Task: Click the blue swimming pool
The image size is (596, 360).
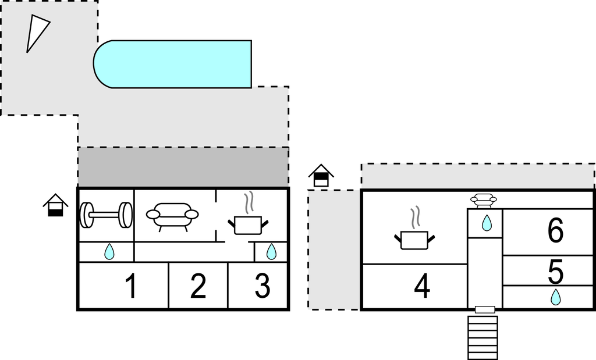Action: coord(172,64)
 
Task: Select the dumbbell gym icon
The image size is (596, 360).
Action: coord(106,215)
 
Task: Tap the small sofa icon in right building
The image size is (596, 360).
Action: coord(484,201)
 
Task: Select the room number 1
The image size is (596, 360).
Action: coord(131,286)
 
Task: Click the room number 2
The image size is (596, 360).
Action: coord(198,286)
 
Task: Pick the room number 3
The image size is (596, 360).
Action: coord(262,286)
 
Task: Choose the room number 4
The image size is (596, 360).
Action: coord(422,286)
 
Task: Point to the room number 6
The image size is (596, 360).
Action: coord(555,230)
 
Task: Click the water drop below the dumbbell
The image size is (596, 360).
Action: coord(109,251)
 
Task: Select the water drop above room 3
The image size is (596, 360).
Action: coord(271,251)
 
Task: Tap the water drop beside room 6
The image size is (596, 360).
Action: coord(487,223)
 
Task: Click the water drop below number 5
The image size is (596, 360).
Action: coord(556,297)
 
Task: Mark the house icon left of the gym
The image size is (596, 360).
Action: coord(55,205)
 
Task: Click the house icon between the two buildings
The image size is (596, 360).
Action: coord(321,176)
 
